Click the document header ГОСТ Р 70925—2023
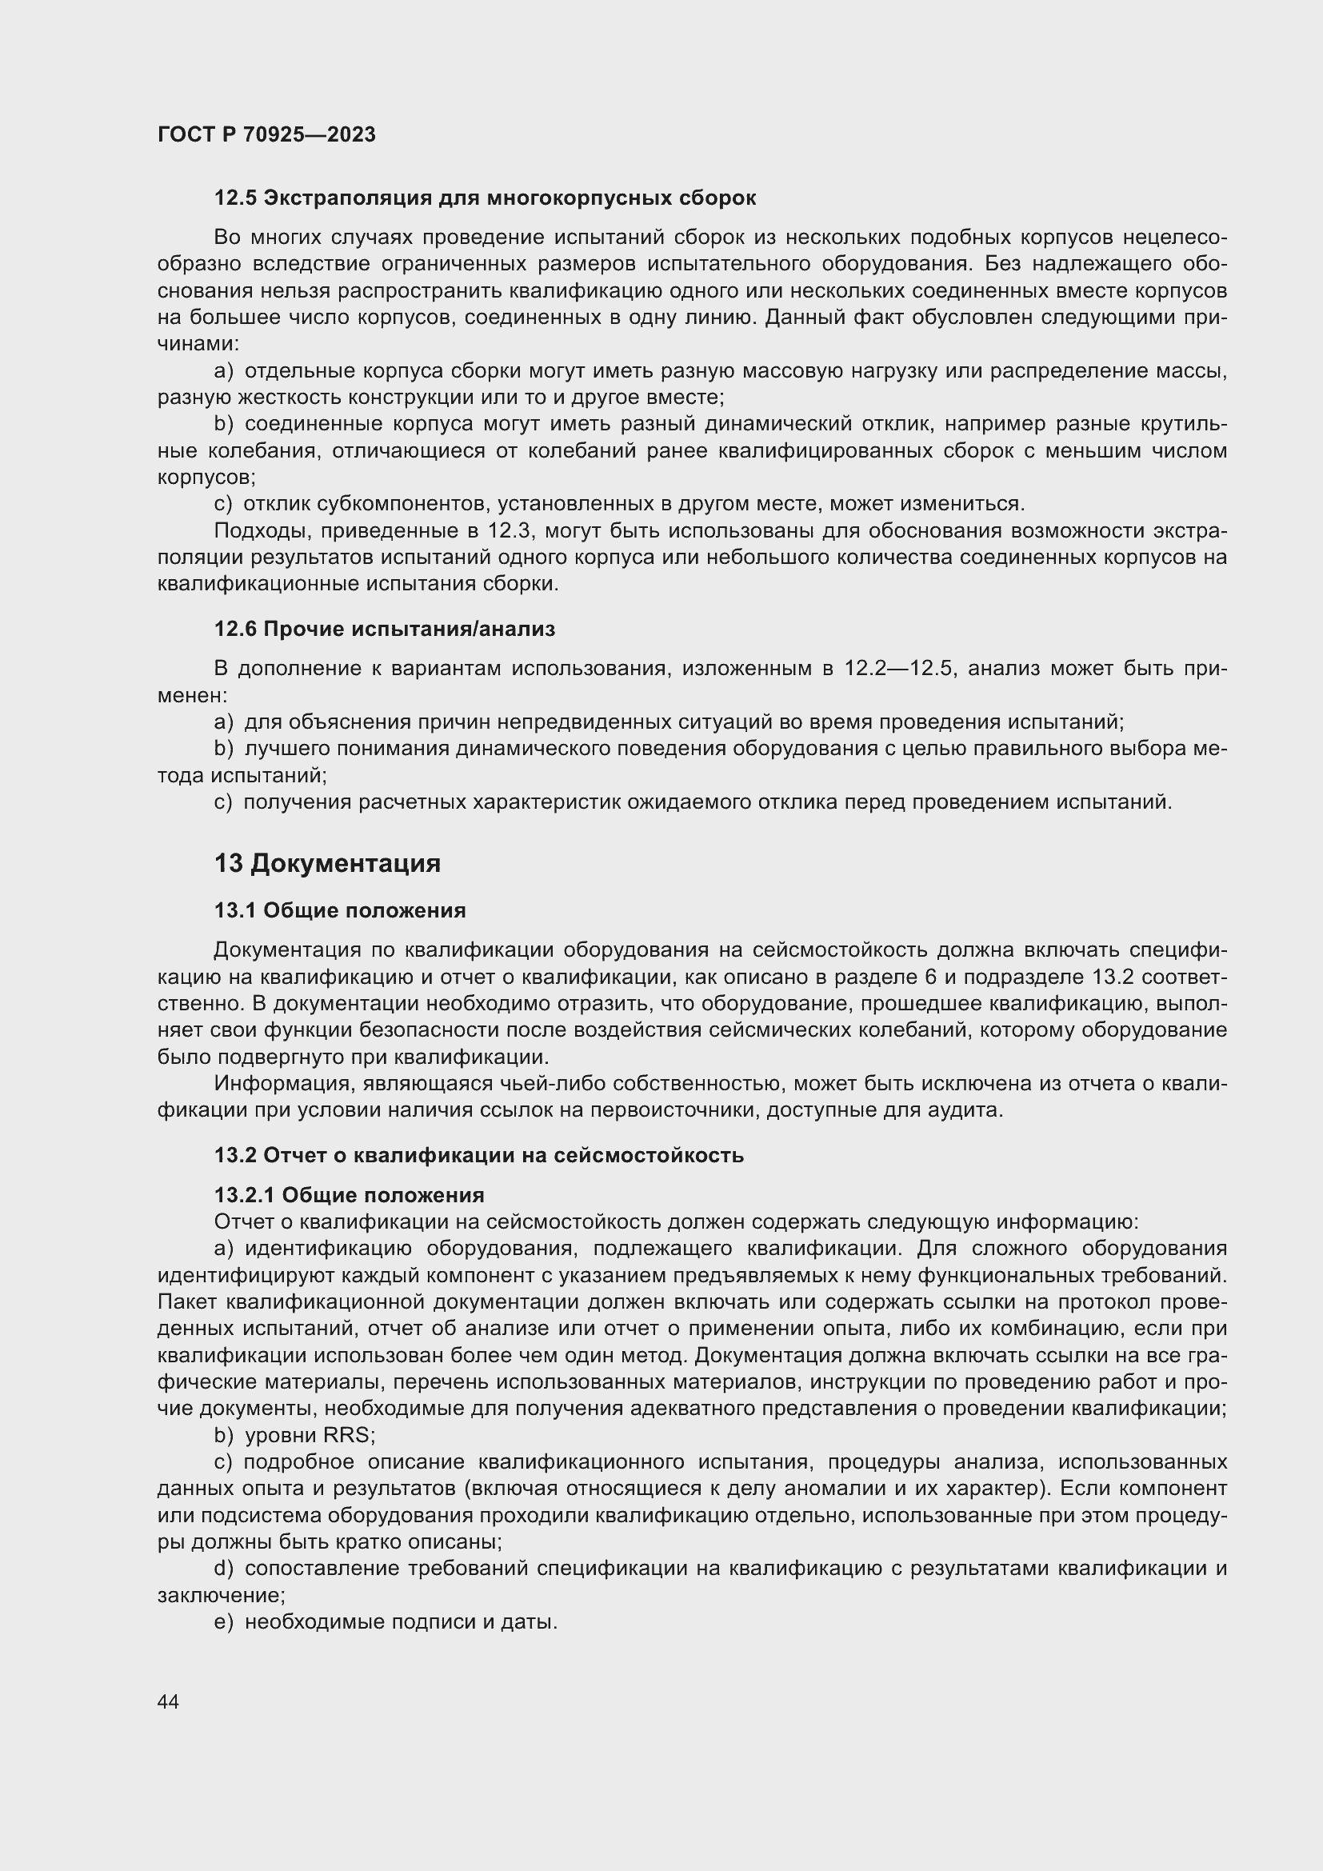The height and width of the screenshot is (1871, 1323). (266, 134)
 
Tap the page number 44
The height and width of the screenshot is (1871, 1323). (169, 1701)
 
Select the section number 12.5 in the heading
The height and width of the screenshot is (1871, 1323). (235, 198)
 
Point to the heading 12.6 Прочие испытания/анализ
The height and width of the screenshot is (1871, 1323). (385, 628)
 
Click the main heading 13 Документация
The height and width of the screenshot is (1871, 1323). (326, 863)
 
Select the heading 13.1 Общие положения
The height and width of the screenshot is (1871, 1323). (340, 910)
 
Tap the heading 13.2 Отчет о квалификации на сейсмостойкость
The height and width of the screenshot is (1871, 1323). (479, 1155)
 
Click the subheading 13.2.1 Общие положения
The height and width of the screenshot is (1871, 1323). (349, 1194)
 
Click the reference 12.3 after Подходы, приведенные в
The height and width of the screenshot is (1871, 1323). (510, 530)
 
